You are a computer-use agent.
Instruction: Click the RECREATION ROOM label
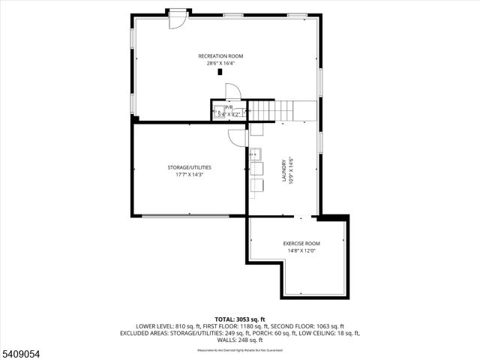tap(220, 56)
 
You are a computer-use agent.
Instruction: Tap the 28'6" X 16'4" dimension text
tap(220, 64)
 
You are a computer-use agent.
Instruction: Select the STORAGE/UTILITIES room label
tap(189, 166)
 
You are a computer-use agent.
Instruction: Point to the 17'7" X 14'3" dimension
tap(189, 174)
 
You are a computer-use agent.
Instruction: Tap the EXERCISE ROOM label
tap(301, 243)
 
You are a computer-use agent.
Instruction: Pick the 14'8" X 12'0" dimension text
tap(301, 250)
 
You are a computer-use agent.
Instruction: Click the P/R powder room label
tap(227, 107)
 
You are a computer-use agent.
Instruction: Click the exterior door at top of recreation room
tap(177, 18)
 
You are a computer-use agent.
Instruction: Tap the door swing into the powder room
tap(232, 91)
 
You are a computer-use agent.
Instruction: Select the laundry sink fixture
tap(255, 155)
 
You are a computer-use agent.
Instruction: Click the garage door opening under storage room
tap(186, 217)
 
